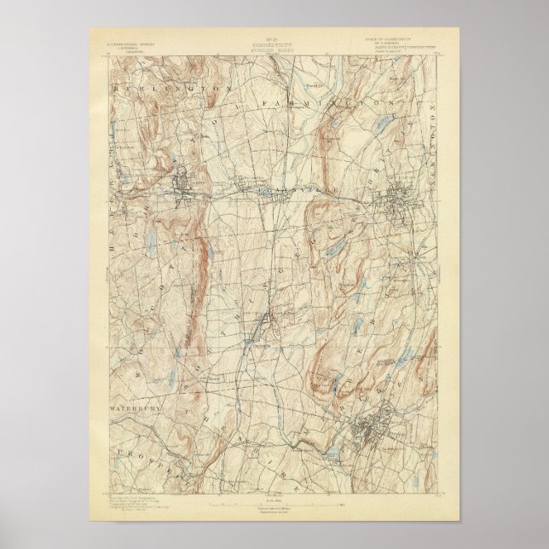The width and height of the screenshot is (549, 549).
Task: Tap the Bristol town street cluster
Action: click(x=182, y=180)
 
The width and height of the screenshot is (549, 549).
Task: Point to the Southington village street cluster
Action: click(x=265, y=322)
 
